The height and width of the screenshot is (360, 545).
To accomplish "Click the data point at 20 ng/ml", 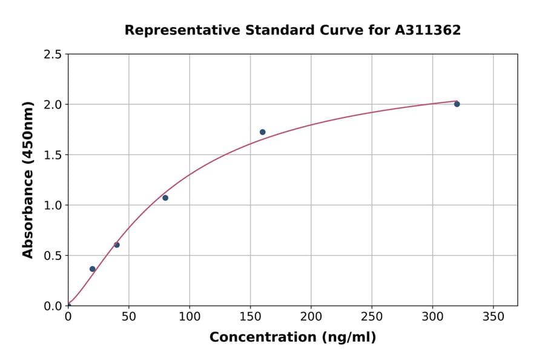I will pos(93,269).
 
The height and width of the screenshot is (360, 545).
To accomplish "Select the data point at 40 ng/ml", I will pos(117,245).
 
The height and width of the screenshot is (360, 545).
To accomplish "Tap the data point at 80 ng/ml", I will pos(165,198).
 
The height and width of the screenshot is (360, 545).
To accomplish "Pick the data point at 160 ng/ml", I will pos(262,132).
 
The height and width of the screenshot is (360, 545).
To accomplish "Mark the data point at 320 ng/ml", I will pos(457,104).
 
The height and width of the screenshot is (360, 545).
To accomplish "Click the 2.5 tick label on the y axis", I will pos(53,55).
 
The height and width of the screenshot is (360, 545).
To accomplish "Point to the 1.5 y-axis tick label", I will pos(53,155).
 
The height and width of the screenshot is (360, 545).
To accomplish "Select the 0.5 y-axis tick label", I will pos(53,256).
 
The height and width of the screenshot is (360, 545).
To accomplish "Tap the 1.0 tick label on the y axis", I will pos(53,205).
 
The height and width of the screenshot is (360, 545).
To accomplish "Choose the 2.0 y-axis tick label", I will pos(53,105).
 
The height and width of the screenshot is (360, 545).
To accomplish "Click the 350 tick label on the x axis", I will pos(493,316).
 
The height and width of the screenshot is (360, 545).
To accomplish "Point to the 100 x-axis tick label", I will pos(190,316).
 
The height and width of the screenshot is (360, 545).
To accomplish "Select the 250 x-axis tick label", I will pos(372,316).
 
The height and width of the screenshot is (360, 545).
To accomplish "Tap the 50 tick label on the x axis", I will pos(128,316).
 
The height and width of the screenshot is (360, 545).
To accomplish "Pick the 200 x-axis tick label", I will pos(311,316).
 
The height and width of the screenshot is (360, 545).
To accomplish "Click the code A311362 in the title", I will pos(428,30).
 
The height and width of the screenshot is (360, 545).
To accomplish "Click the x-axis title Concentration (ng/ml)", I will pos(292,338).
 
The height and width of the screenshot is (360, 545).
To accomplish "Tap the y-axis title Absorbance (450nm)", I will pos(28,179).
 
